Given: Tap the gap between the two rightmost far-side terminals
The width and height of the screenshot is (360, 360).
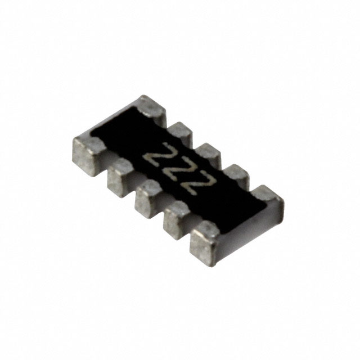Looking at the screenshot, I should point(250,188).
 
